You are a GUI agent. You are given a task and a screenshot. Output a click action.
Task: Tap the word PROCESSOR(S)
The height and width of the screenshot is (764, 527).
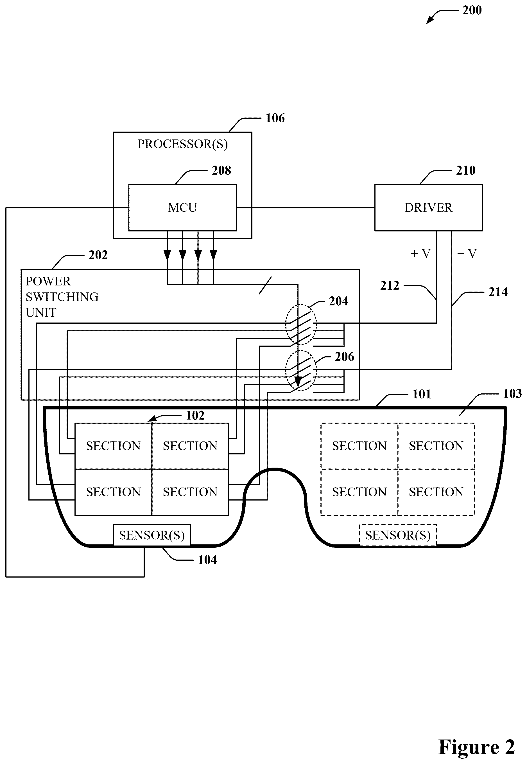(x=183, y=144)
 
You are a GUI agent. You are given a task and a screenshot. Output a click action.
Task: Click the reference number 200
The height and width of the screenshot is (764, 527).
(x=472, y=10)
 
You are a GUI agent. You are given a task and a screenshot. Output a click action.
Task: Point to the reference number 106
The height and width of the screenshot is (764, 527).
(x=275, y=118)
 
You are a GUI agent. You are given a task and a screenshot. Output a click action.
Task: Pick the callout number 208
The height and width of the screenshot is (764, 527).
(x=221, y=170)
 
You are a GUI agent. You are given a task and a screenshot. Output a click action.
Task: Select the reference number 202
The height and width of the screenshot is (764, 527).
(x=98, y=255)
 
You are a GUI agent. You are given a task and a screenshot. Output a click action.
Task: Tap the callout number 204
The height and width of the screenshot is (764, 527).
(x=338, y=301)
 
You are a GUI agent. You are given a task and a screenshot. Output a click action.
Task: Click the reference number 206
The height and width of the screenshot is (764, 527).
(x=344, y=357)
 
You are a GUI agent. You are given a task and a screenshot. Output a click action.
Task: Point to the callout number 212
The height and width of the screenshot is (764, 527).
(x=390, y=285)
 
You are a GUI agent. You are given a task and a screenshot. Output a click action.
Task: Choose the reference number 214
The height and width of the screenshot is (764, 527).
(x=498, y=292)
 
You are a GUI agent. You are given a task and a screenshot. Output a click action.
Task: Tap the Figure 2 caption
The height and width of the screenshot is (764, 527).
(x=476, y=747)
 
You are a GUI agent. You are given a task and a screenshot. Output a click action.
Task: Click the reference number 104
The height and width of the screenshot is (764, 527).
(x=207, y=560)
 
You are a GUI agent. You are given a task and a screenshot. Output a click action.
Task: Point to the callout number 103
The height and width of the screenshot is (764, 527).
(x=512, y=393)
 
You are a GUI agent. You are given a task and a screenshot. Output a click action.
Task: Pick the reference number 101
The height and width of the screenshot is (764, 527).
(x=422, y=394)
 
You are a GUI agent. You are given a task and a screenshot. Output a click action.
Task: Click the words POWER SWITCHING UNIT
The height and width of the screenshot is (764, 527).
(x=62, y=297)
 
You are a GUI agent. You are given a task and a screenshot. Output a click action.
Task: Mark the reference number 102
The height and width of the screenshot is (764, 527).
(x=195, y=416)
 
